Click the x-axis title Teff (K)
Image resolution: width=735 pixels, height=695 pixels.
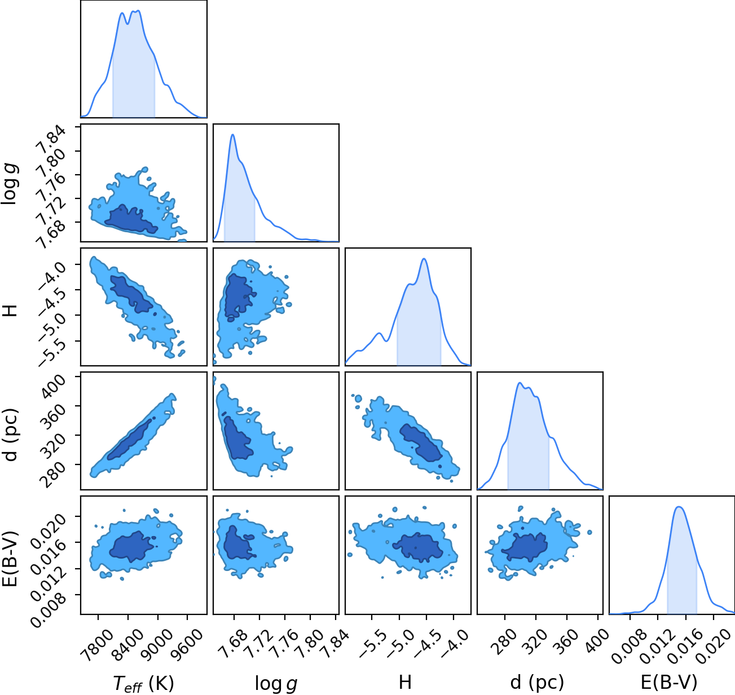coord(144,683)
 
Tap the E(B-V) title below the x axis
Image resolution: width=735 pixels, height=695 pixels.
coord(669,682)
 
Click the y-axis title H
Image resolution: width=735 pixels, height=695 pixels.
coord(10,311)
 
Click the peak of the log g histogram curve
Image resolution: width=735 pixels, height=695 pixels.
coord(232,135)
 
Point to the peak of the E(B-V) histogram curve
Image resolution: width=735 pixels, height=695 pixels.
coord(679,507)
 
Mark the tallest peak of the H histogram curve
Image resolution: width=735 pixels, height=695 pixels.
coord(424,259)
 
